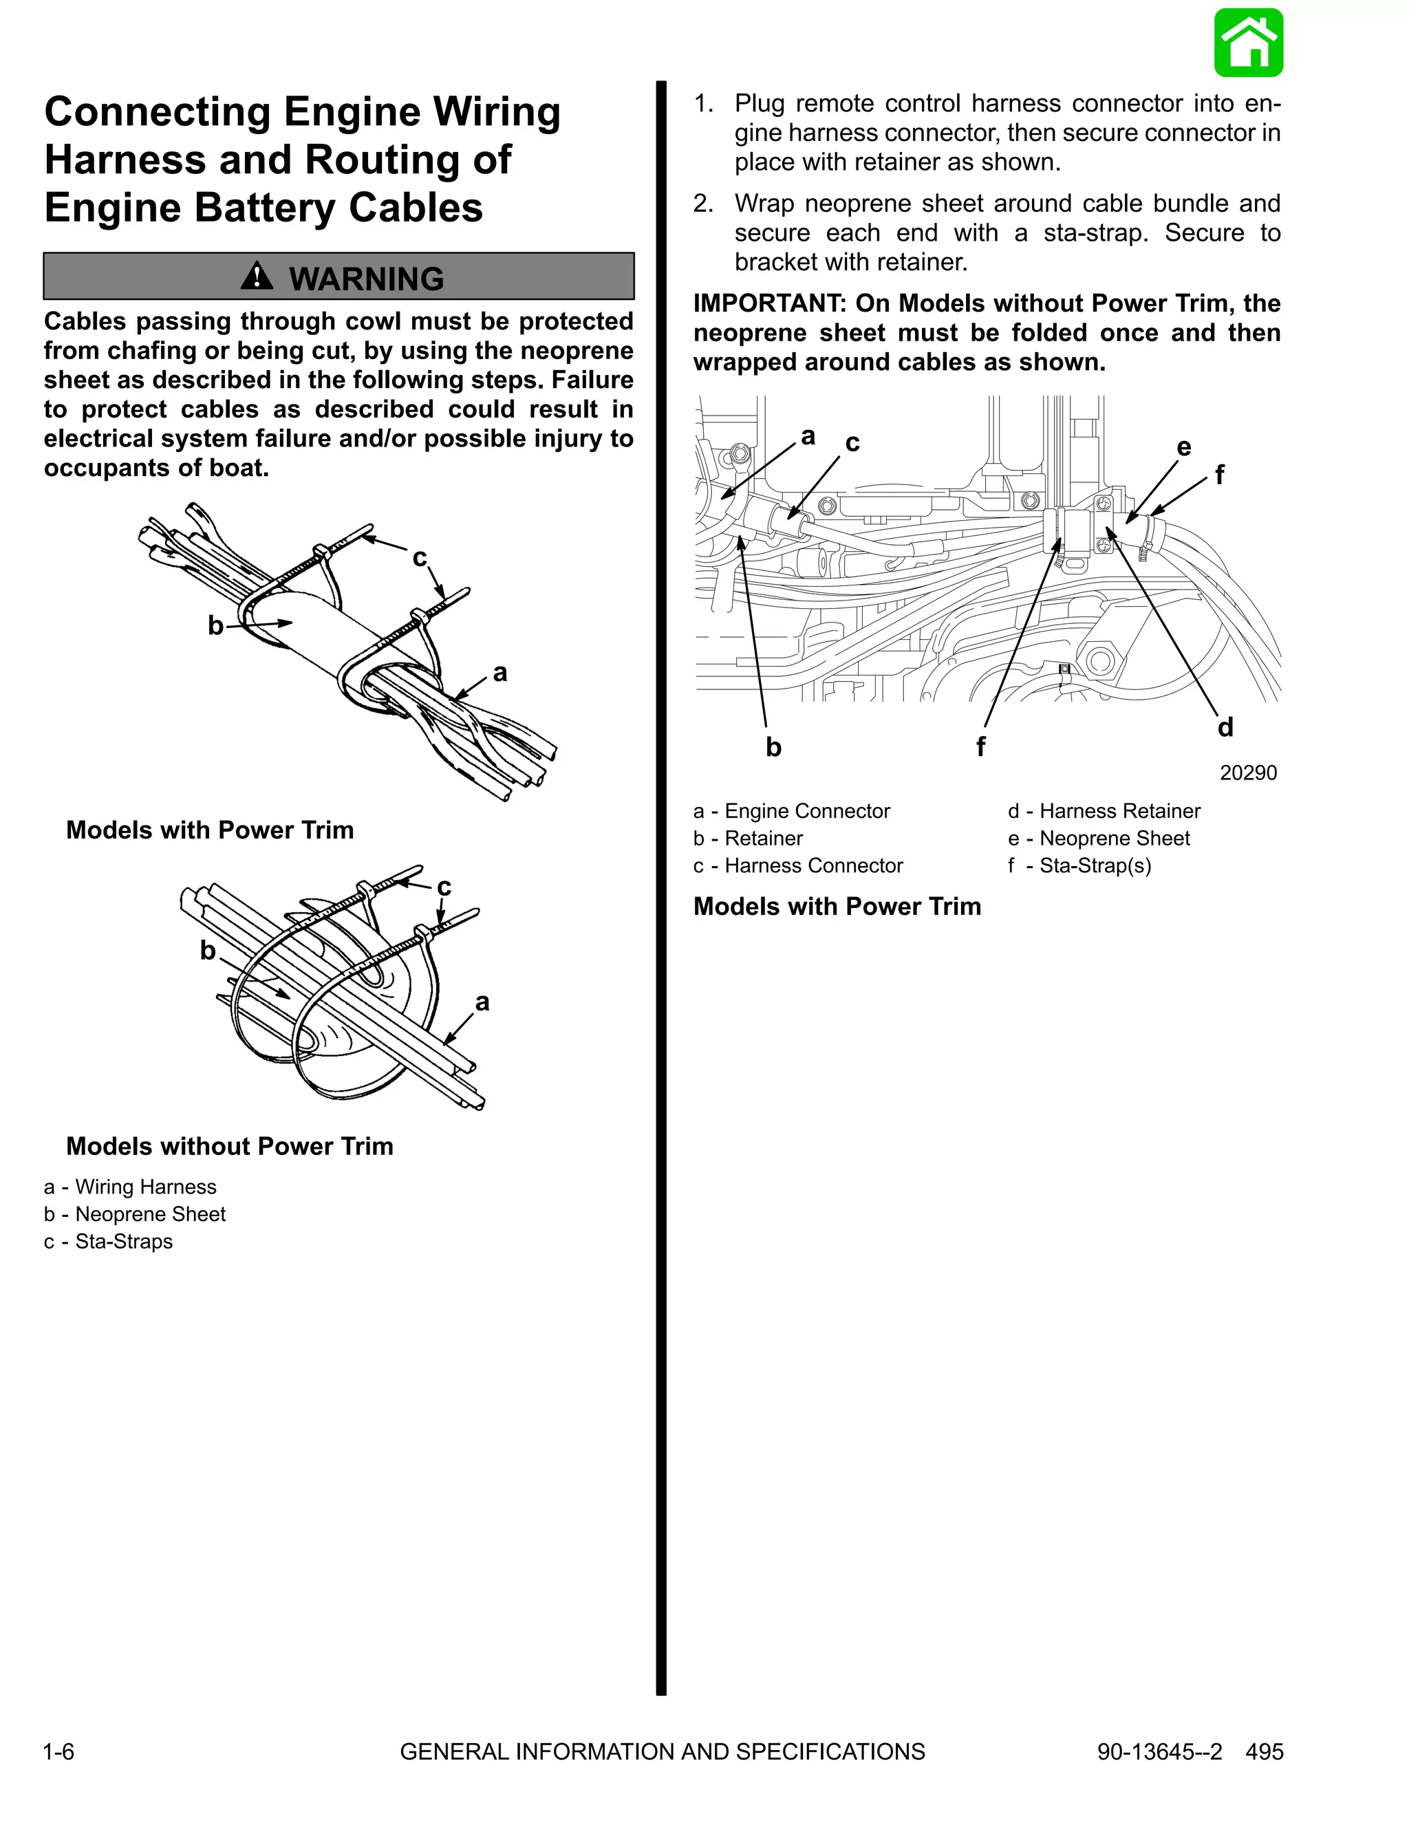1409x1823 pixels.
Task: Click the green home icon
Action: (x=1248, y=43)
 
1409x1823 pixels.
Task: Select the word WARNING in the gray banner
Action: (x=367, y=279)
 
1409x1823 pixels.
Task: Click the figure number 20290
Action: (x=1248, y=773)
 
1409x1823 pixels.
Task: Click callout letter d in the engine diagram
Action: (x=1225, y=728)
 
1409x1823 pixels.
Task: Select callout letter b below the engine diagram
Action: (x=773, y=747)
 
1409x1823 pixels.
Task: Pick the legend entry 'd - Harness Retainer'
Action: (x=1104, y=811)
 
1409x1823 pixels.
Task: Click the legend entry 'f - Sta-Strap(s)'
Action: (x=1079, y=865)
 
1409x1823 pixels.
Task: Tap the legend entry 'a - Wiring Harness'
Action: (x=130, y=1187)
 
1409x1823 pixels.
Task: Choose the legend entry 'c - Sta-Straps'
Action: (x=109, y=1241)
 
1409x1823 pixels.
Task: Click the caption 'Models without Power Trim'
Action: (x=230, y=1146)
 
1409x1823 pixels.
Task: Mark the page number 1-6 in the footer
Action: (x=58, y=1751)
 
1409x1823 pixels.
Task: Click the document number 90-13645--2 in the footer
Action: (x=1159, y=1751)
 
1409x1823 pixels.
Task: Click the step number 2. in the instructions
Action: (x=703, y=204)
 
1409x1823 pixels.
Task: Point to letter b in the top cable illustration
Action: (x=215, y=625)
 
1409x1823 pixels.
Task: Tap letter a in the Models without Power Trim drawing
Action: (x=482, y=1002)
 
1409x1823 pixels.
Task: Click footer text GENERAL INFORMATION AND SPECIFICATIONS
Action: (x=662, y=1751)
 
